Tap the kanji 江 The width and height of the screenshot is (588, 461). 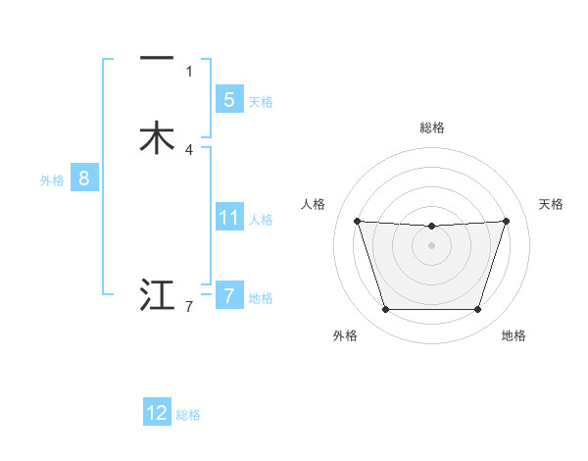pos(157,295)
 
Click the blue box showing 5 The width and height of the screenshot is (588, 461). pos(228,99)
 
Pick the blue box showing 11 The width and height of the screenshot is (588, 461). pos(228,218)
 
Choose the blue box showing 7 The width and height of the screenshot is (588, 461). pos(228,295)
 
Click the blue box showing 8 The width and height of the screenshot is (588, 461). pos(83,179)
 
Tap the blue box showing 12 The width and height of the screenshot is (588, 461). pos(157,413)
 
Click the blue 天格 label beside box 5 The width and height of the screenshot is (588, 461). pos(261,102)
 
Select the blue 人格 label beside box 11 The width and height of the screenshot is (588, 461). pos(262,220)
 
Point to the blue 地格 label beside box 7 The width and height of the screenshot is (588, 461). pos(261,298)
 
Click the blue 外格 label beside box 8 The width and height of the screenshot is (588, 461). pos(52,180)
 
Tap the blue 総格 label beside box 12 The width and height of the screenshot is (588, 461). pos(188,416)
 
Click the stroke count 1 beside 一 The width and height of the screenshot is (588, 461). pos(189,71)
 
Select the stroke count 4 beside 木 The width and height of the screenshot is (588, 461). pos(189,150)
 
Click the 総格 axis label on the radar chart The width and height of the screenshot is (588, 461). pos(431,128)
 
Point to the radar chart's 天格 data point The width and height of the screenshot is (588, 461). pos(506,221)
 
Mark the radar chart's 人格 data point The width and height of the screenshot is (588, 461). pos(357,221)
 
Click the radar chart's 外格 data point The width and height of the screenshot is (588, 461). pos(385,310)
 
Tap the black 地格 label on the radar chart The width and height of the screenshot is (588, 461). pos(514,335)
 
